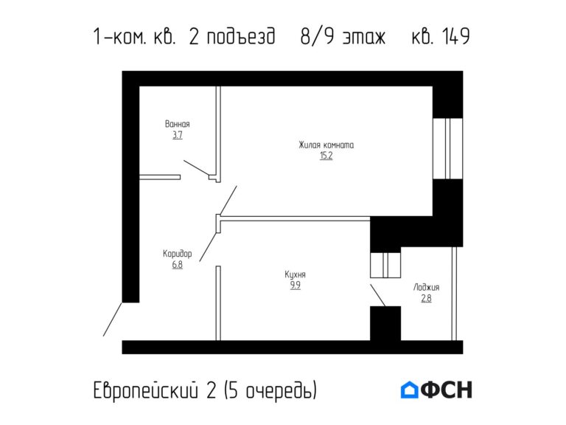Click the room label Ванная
(x=178, y=124)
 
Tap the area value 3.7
(x=178, y=135)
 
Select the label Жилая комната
(x=326, y=145)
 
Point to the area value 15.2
(x=326, y=156)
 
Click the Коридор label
(x=177, y=254)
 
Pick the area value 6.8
(x=177, y=265)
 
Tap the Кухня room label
(x=295, y=274)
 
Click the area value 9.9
(x=295, y=286)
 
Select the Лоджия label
(x=426, y=288)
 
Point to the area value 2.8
(x=426, y=299)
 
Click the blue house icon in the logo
(x=409, y=390)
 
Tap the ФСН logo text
(x=447, y=390)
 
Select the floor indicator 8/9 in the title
(x=316, y=36)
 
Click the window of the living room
(x=447, y=148)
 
